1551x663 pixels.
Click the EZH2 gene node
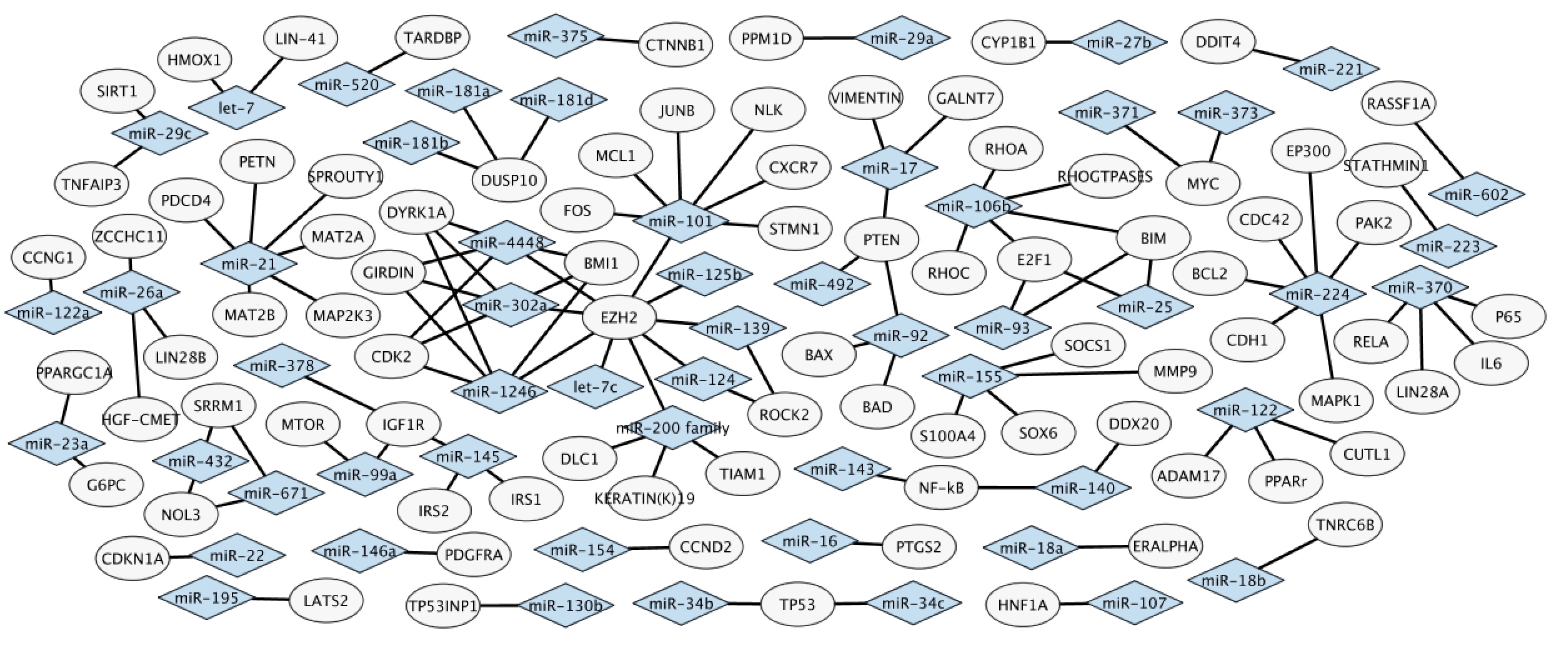point(619,317)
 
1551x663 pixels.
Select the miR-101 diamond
point(681,221)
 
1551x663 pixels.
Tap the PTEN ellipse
point(882,240)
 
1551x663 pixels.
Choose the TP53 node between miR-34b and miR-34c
point(798,604)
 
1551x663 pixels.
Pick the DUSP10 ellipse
point(509,181)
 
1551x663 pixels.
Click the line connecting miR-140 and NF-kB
point(1006,487)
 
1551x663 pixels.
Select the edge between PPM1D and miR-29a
point(829,39)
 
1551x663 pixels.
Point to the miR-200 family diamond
point(672,429)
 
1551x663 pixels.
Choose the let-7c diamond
point(595,387)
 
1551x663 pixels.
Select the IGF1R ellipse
point(403,425)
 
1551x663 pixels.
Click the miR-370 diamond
point(1420,287)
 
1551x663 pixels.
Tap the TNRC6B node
point(1345,525)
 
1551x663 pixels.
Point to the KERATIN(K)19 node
point(644,499)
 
